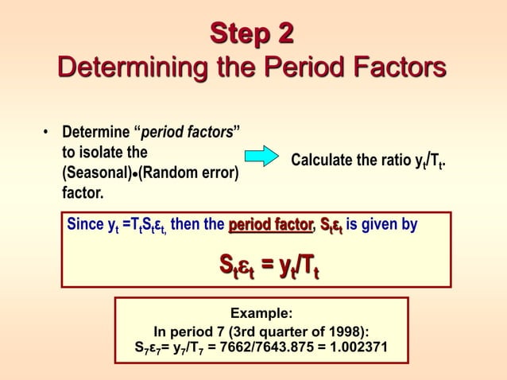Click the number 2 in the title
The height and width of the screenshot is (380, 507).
point(285,34)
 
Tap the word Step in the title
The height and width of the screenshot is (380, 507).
point(242,34)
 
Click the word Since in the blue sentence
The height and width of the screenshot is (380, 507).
point(85,225)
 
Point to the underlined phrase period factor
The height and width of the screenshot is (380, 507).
point(270,225)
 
